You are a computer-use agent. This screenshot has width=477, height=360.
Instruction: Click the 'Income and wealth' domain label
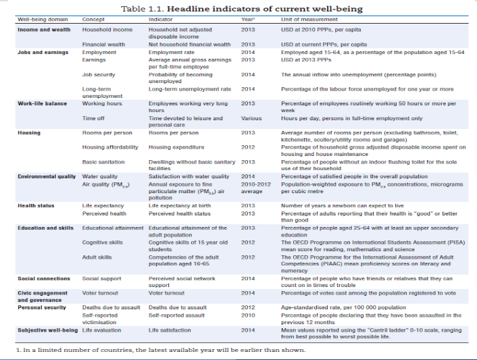coord(42,30)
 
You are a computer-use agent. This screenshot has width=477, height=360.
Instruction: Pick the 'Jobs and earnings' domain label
coord(42,52)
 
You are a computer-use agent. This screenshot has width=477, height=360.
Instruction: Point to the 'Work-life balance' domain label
coord(43,103)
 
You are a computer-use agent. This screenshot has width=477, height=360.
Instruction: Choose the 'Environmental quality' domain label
coord(47,176)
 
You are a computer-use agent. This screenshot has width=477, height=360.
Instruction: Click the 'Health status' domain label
coord(38,205)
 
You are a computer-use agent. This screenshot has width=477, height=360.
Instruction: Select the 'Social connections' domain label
coord(44,278)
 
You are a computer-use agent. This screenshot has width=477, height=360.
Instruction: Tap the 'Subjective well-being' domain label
coord(46,330)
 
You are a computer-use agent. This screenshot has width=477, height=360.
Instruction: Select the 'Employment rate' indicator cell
coord(171,52)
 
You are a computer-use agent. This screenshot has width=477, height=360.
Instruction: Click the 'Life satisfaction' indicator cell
coord(170,330)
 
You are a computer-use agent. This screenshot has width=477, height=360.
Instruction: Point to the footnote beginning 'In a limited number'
coord(161,350)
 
